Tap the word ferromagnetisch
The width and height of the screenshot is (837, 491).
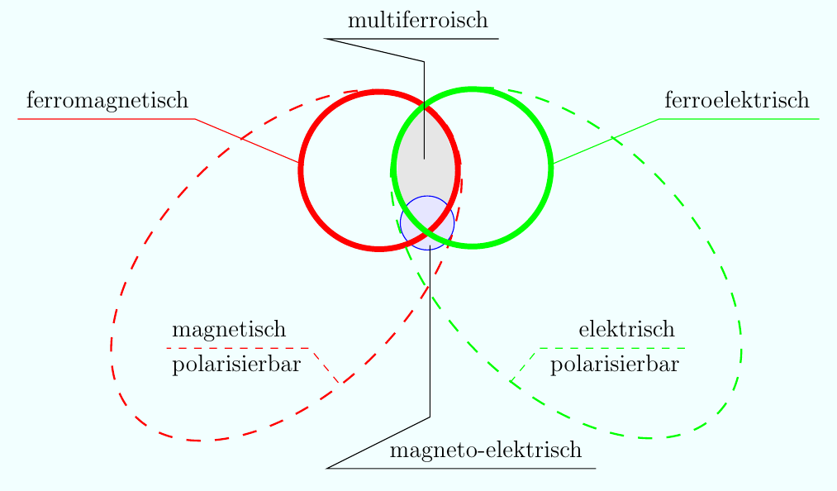(x=107, y=101)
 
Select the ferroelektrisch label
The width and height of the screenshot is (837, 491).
(x=736, y=101)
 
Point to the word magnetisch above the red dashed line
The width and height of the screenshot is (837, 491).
(x=229, y=330)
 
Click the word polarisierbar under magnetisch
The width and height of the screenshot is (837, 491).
(x=235, y=365)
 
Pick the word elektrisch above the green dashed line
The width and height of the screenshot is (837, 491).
(x=626, y=330)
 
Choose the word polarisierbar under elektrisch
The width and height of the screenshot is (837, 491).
(x=614, y=365)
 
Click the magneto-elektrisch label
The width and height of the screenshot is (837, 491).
(x=485, y=450)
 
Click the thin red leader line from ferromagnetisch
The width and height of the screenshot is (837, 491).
(x=248, y=141)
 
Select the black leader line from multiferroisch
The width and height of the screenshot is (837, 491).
(x=424, y=107)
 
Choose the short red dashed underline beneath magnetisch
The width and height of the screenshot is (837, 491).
(x=248, y=348)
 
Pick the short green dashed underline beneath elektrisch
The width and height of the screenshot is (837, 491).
(x=611, y=348)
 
